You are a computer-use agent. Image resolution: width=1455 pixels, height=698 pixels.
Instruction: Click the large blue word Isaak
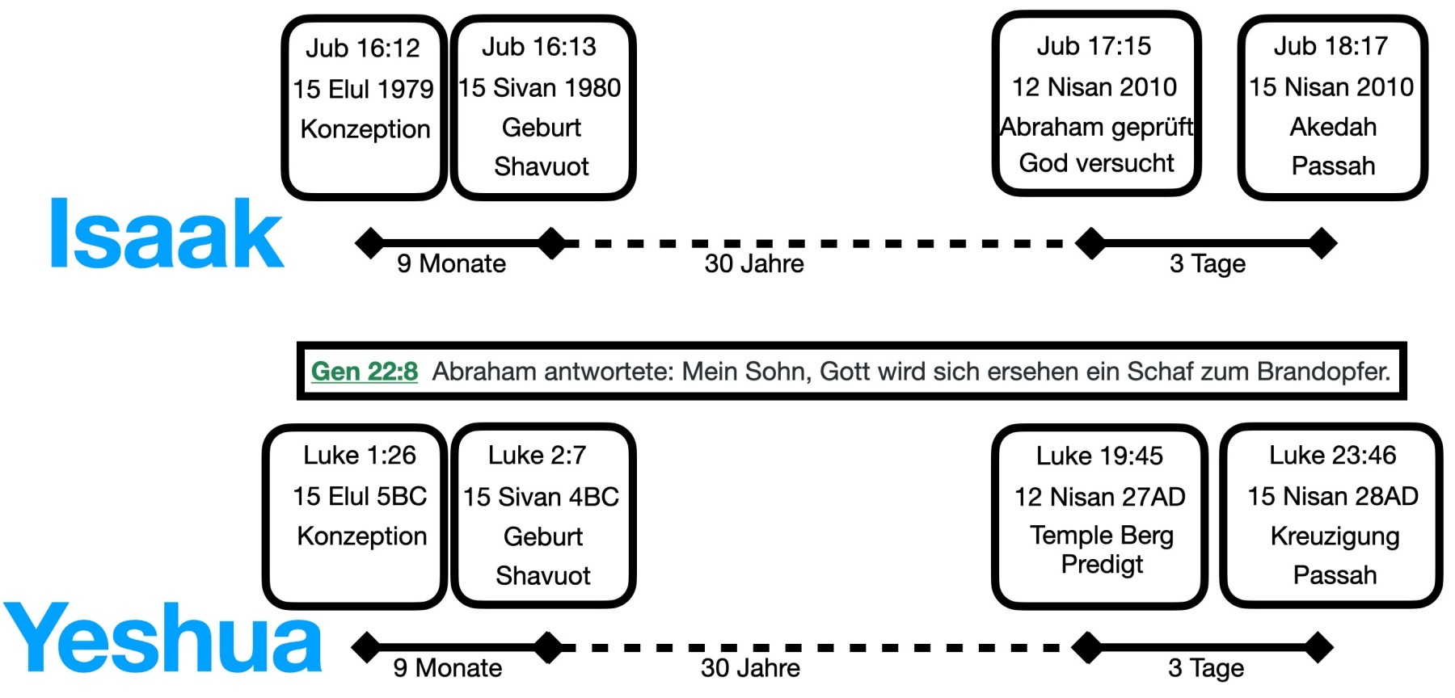point(166,234)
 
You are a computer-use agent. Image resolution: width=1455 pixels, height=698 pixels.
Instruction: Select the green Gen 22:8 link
point(365,372)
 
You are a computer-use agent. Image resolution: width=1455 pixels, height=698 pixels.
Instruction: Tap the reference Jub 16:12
point(363,48)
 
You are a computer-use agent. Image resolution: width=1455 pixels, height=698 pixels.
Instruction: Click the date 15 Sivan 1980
point(540,87)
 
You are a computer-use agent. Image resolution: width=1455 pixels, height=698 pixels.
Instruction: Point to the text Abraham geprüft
point(1096,127)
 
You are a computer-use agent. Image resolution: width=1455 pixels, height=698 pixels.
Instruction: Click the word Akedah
point(1333,127)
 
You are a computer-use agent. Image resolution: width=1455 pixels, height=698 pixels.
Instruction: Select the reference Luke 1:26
point(360,456)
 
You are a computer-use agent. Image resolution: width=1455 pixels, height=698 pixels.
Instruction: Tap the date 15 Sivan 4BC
point(541,496)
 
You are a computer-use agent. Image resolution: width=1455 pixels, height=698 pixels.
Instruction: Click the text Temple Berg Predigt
point(1101,549)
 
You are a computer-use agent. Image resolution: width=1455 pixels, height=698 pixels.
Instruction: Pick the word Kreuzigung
point(1335,536)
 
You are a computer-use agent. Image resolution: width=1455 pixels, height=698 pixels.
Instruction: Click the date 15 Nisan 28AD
point(1333,496)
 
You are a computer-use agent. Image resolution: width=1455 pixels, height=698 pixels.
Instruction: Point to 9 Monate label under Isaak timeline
point(451,263)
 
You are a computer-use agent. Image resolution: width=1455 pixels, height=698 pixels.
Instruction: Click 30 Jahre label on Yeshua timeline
point(750,668)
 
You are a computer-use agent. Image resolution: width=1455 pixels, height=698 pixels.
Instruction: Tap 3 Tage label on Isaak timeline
point(1208,263)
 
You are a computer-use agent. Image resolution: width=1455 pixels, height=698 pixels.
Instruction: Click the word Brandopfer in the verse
point(1323,372)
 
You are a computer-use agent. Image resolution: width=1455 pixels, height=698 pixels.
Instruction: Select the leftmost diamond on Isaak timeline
point(370,242)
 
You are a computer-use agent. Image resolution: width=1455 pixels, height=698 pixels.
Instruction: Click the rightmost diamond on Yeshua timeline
point(1318,647)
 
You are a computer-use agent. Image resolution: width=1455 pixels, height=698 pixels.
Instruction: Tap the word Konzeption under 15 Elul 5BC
point(361,536)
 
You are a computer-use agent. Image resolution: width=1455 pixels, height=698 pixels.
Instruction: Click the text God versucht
point(1096,163)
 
